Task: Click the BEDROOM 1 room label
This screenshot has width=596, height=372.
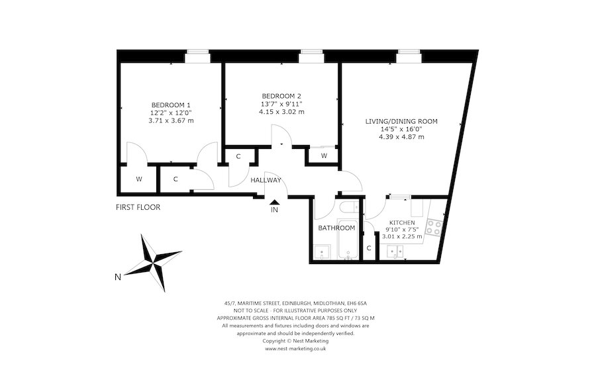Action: pyautogui.click(x=171, y=105)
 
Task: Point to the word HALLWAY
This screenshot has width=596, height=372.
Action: pyautogui.click(x=266, y=180)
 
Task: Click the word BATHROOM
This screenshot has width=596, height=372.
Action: pyautogui.click(x=336, y=228)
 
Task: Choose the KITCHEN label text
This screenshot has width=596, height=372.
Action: pyautogui.click(x=402, y=222)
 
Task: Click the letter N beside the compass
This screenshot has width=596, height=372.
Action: pyautogui.click(x=117, y=277)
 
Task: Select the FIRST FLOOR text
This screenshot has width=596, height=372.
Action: pyautogui.click(x=138, y=207)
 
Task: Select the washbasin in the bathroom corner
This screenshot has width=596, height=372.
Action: pyautogui.click(x=323, y=252)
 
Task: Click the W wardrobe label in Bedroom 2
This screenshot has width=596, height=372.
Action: pyautogui.click(x=324, y=156)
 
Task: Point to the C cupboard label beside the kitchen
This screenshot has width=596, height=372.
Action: pyautogui.click(x=370, y=248)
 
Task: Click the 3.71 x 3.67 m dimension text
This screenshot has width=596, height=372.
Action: pyautogui.click(x=171, y=120)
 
